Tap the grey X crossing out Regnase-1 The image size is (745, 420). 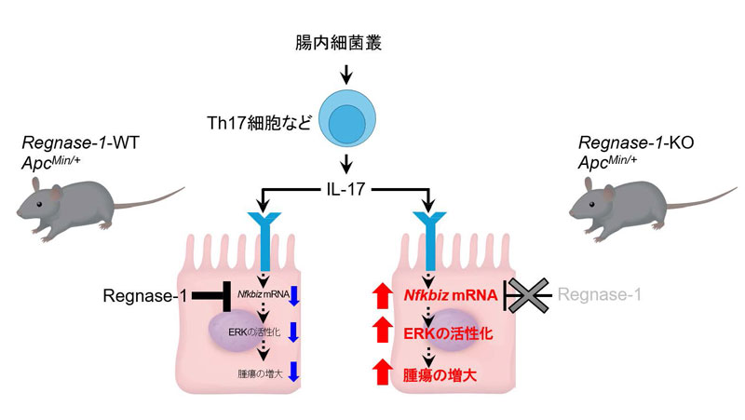pyautogui.click(x=528, y=295)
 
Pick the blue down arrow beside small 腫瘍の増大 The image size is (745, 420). pyautogui.click(x=293, y=373)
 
